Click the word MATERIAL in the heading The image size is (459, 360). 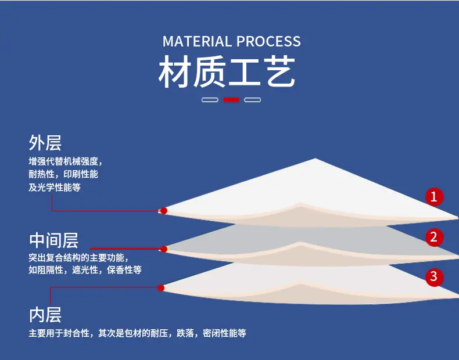pos(197,41)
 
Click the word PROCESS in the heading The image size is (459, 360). pos(269,41)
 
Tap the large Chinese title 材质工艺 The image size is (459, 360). pos(227,71)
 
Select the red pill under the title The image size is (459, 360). pos(231,100)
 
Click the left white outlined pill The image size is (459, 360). pos(210,100)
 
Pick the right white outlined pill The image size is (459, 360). pos(252,100)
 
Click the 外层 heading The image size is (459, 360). pos(45,143)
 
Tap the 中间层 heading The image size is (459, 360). pos(53,240)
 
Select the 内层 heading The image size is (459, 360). pos(45,315)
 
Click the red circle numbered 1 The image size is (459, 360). pos(435,196)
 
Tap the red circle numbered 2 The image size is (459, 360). pos(435,237)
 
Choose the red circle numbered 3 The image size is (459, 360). pos(435,276)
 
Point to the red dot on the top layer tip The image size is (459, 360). pos(164,211)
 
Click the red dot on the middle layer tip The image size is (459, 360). pos(164,249)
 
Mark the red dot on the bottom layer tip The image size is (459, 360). pos(161,288)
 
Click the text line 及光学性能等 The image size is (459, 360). pos(55,188)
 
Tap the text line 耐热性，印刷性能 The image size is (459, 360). pos(63,174)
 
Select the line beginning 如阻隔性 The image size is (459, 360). pos(85,269)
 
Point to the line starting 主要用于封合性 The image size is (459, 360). pos(137,333)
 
